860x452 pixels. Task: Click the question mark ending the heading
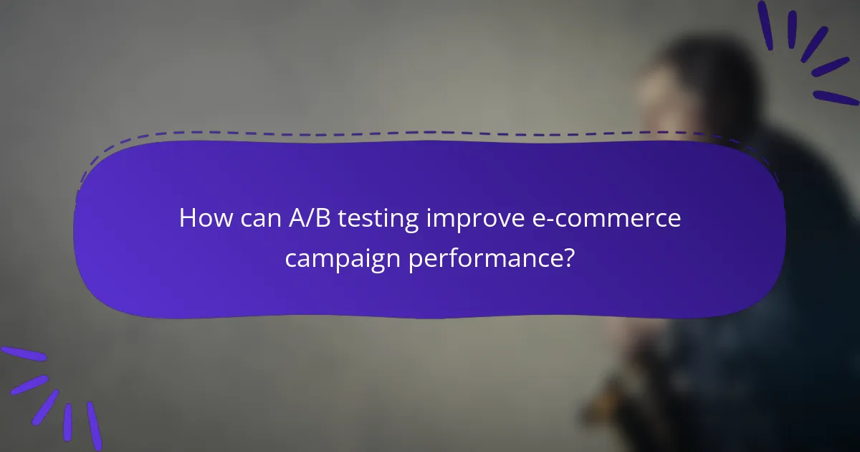[x=568, y=257]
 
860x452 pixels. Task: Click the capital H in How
[x=186, y=218]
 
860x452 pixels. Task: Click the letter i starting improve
[x=429, y=218]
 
